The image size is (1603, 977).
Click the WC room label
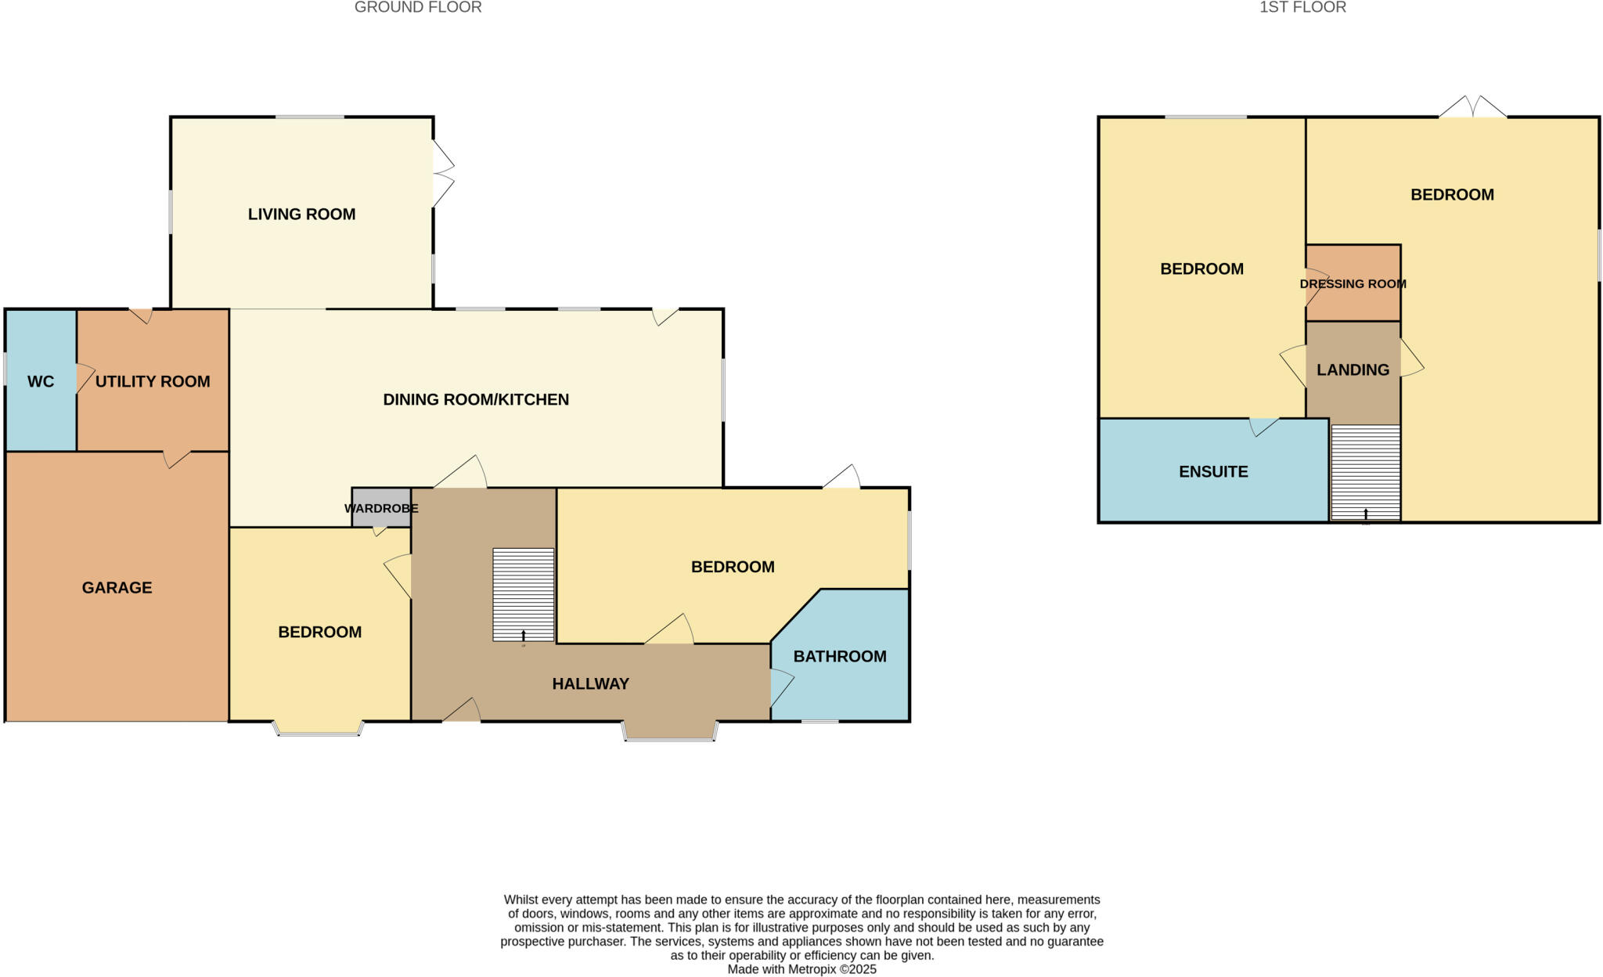pyautogui.click(x=41, y=382)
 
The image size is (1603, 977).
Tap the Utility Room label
pyautogui.click(x=153, y=382)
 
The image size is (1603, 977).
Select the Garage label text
pyautogui.click(x=117, y=588)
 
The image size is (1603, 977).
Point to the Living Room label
pyautogui.click(x=301, y=215)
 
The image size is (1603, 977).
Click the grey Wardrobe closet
pyautogui.click(x=381, y=508)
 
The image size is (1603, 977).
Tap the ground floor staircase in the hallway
pyautogui.click(x=524, y=594)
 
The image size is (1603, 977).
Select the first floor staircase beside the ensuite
pyautogui.click(x=1365, y=473)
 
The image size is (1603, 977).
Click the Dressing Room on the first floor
pyautogui.click(x=1353, y=283)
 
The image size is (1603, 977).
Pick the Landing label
pyautogui.click(x=1353, y=370)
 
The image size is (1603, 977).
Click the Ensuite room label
pyautogui.click(x=1213, y=472)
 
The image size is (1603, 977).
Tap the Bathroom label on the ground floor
pyautogui.click(x=840, y=657)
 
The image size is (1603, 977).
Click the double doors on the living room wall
pyautogui.click(x=442, y=174)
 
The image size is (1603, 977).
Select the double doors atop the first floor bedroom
pyautogui.click(x=1472, y=108)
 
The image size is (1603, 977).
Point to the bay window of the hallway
pyautogui.click(x=670, y=733)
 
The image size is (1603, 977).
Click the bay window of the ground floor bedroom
pyautogui.click(x=319, y=730)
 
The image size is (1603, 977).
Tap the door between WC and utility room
pyautogui.click(x=83, y=378)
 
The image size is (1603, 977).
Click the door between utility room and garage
pyautogui.click(x=176, y=459)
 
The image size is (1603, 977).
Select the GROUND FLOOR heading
pyautogui.click(x=418, y=8)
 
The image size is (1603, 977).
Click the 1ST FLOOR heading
pyautogui.click(x=1302, y=8)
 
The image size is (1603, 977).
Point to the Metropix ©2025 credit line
pyautogui.click(x=801, y=969)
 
